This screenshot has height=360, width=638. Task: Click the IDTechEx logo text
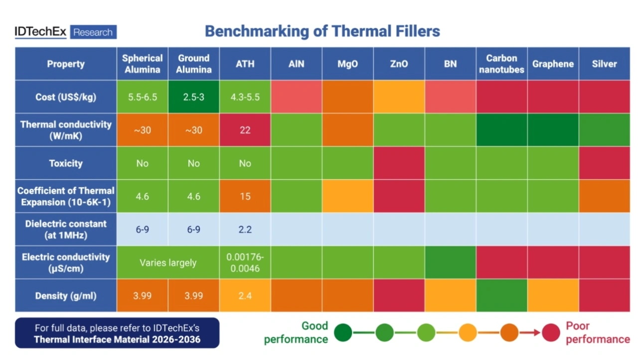click(40, 32)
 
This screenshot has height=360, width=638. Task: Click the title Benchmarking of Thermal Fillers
click(322, 31)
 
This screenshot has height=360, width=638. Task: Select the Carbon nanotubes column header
click(501, 64)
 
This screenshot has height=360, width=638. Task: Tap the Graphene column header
click(553, 64)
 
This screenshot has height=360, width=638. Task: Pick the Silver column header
click(604, 64)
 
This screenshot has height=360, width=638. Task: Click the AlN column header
click(296, 64)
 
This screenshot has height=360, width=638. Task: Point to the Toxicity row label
click(66, 163)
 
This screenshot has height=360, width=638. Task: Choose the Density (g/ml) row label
click(66, 296)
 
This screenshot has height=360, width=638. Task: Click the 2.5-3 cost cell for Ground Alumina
click(193, 97)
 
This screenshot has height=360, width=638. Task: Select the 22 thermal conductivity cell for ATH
click(245, 130)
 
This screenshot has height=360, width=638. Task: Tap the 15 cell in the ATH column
click(245, 196)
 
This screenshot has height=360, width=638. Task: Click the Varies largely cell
click(168, 262)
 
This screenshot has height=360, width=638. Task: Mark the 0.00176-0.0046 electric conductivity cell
click(245, 262)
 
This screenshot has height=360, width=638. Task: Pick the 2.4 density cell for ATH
click(245, 296)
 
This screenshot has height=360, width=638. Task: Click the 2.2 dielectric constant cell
click(245, 229)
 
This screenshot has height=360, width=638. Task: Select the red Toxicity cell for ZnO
click(399, 163)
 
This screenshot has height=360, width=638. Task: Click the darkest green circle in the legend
click(343, 333)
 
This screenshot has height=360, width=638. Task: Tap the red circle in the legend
click(551, 333)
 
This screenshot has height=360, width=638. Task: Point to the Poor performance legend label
click(597, 333)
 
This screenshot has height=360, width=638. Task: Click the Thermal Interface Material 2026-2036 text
click(117, 340)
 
